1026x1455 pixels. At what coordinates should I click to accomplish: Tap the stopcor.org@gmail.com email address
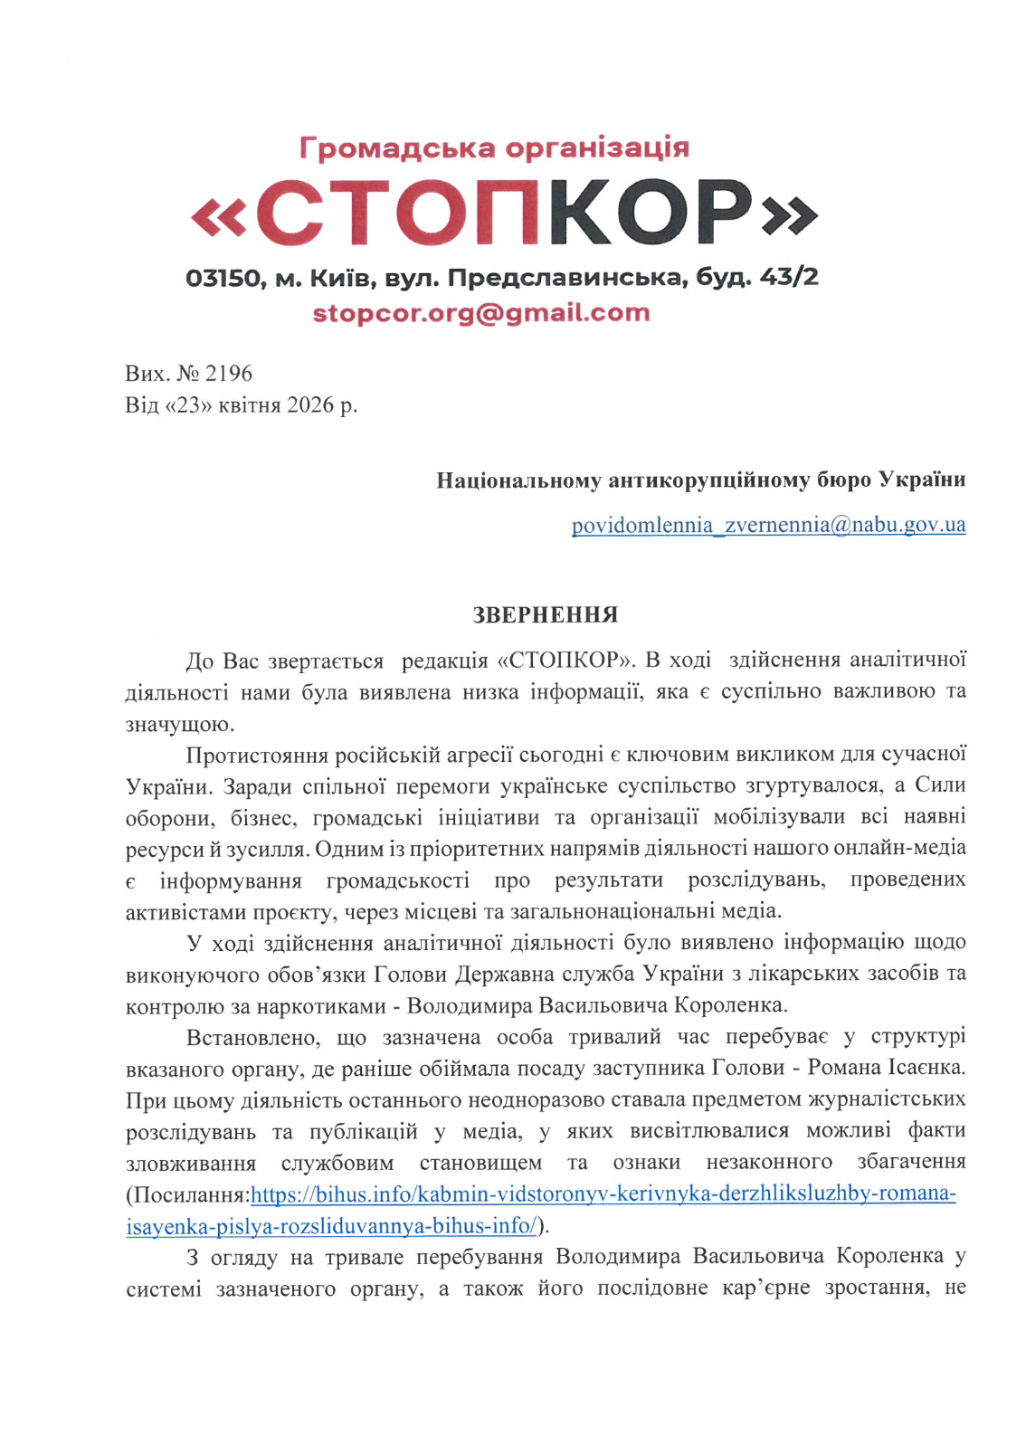pyautogui.click(x=481, y=313)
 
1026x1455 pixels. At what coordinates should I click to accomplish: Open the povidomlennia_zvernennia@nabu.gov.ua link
pyautogui.click(x=768, y=525)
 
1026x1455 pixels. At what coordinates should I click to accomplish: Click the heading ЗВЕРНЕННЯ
pyautogui.click(x=546, y=615)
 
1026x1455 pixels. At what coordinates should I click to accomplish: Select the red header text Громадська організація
pyautogui.click(x=494, y=147)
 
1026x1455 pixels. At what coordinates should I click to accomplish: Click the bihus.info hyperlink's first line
pyautogui.click(x=603, y=1194)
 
